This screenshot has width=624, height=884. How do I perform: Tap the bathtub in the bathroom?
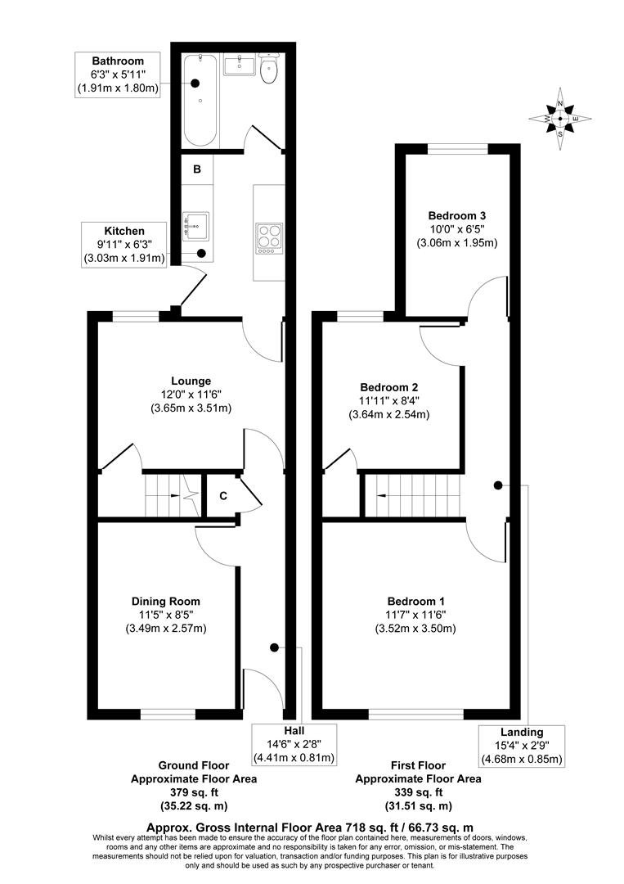[x=200, y=100]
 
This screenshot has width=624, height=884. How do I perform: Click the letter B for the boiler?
[x=197, y=170]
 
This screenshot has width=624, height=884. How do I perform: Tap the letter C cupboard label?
[x=222, y=496]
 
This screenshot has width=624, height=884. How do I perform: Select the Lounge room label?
[x=191, y=381]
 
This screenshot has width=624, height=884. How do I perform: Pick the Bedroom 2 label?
[x=389, y=387]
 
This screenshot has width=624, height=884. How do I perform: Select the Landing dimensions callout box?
[x=522, y=745]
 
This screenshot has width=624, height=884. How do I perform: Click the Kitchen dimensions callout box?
[x=124, y=245]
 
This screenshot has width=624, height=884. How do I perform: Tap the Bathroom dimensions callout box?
[x=118, y=74]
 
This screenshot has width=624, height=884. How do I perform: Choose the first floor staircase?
[x=409, y=496]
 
